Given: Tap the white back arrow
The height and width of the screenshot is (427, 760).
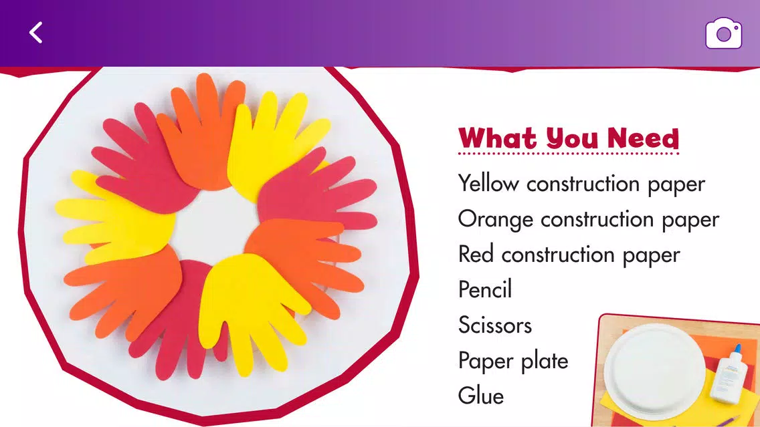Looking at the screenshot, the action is (x=36, y=33).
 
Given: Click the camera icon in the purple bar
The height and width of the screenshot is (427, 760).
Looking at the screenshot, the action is (x=723, y=33).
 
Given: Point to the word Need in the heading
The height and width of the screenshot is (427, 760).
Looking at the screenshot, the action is (x=643, y=138).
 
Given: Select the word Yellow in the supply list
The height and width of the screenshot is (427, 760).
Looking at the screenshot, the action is (x=488, y=184).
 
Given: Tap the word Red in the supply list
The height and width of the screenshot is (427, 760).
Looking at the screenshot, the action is (x=476, y=254).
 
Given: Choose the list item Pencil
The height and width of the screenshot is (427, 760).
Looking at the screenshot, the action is (x=484, y=289).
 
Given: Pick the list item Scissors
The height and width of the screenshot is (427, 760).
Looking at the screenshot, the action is (x=495, y=325).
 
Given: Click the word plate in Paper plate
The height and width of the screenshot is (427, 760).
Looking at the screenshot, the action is (x=545, y=361).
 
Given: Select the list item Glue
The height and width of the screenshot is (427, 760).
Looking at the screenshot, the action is (x=481, y=396).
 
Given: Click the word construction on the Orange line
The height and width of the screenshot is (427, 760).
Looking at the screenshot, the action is (x=597, y=219).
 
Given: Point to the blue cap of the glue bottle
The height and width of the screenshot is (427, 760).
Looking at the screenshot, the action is (x=738, y=349).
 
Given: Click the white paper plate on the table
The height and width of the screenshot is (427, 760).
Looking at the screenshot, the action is (x=654, y=370).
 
